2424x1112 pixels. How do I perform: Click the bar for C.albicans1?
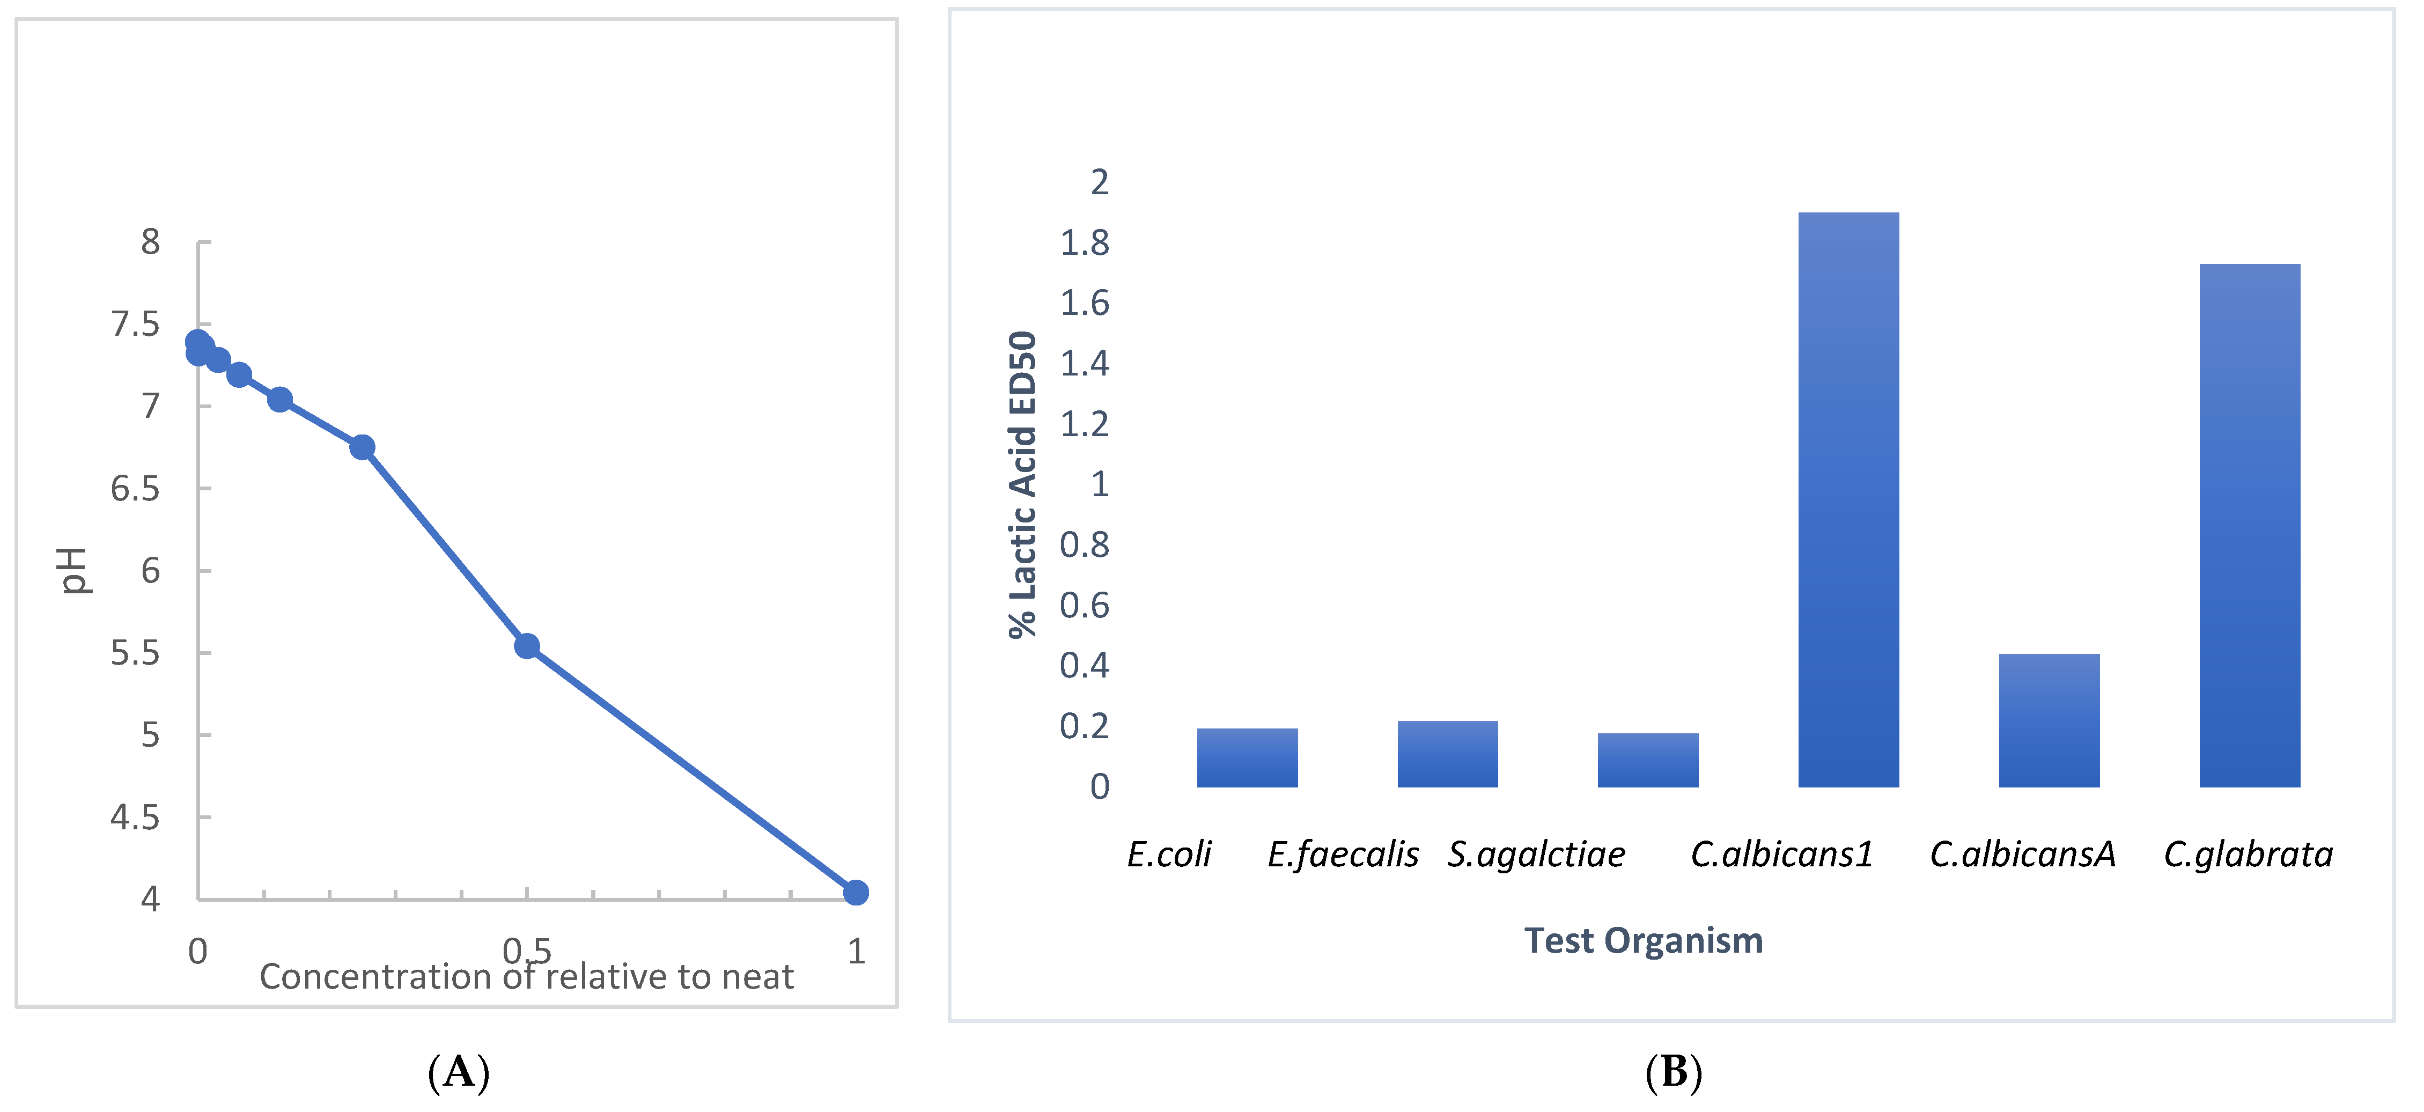(1847, 499)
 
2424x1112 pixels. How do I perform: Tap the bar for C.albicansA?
(2049, 720)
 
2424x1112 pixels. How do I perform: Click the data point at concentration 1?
(856, 892)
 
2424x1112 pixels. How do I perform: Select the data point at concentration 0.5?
(527, 645)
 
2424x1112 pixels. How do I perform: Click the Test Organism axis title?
(1643, 941)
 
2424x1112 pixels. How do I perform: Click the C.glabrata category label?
(2248, 854)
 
